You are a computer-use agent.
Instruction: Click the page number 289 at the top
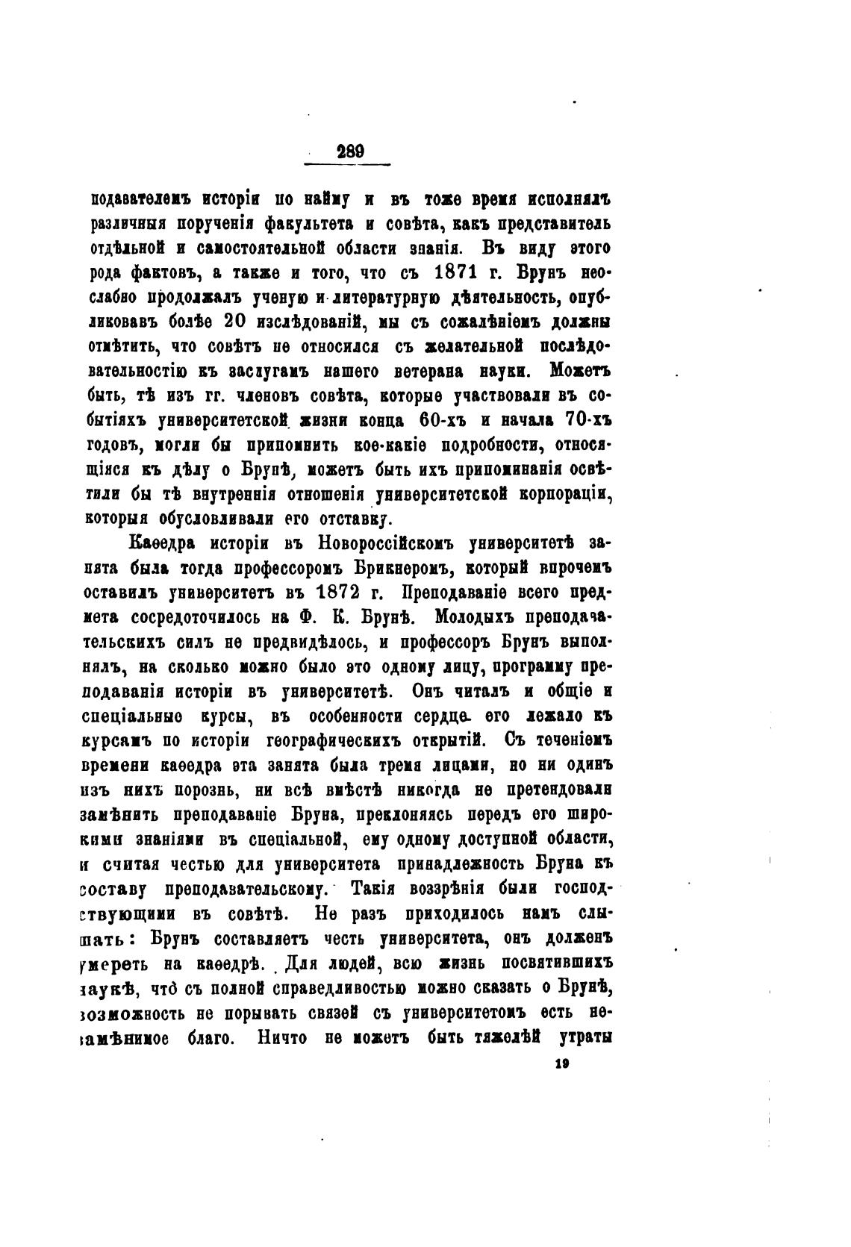(x=350, y=151)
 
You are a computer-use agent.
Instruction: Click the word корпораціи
(x=564, y=494)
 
